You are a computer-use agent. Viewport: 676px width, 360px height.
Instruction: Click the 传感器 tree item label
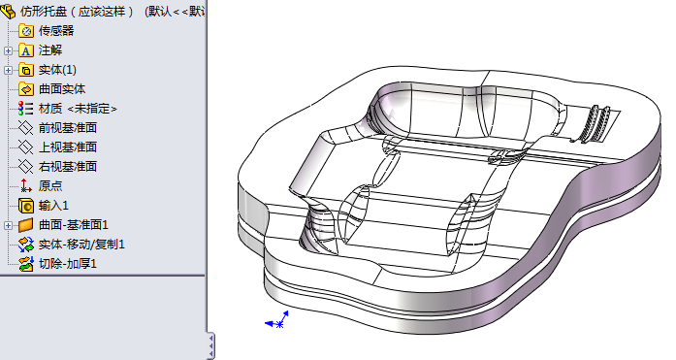click(x=56, y=31)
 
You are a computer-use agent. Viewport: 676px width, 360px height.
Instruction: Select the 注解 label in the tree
click(x=50, y=50)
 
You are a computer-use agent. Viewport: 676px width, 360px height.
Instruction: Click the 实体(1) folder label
click(x=57, y=70)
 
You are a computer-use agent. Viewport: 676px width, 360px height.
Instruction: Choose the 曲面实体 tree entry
click(x=62, y=89)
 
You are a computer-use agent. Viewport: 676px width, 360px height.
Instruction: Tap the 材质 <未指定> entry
click(x=78, y=109)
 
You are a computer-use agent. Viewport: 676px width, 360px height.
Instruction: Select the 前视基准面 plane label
click(x=68, y=128)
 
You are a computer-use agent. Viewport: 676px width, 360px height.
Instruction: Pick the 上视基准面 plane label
click(x=68, y=147)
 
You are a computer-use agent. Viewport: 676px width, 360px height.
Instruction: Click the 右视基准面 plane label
click(x=68, y=167)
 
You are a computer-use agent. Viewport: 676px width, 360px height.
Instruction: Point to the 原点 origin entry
click(x=50, y=186)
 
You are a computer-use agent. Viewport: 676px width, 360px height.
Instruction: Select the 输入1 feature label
click(x=53, y=206)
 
